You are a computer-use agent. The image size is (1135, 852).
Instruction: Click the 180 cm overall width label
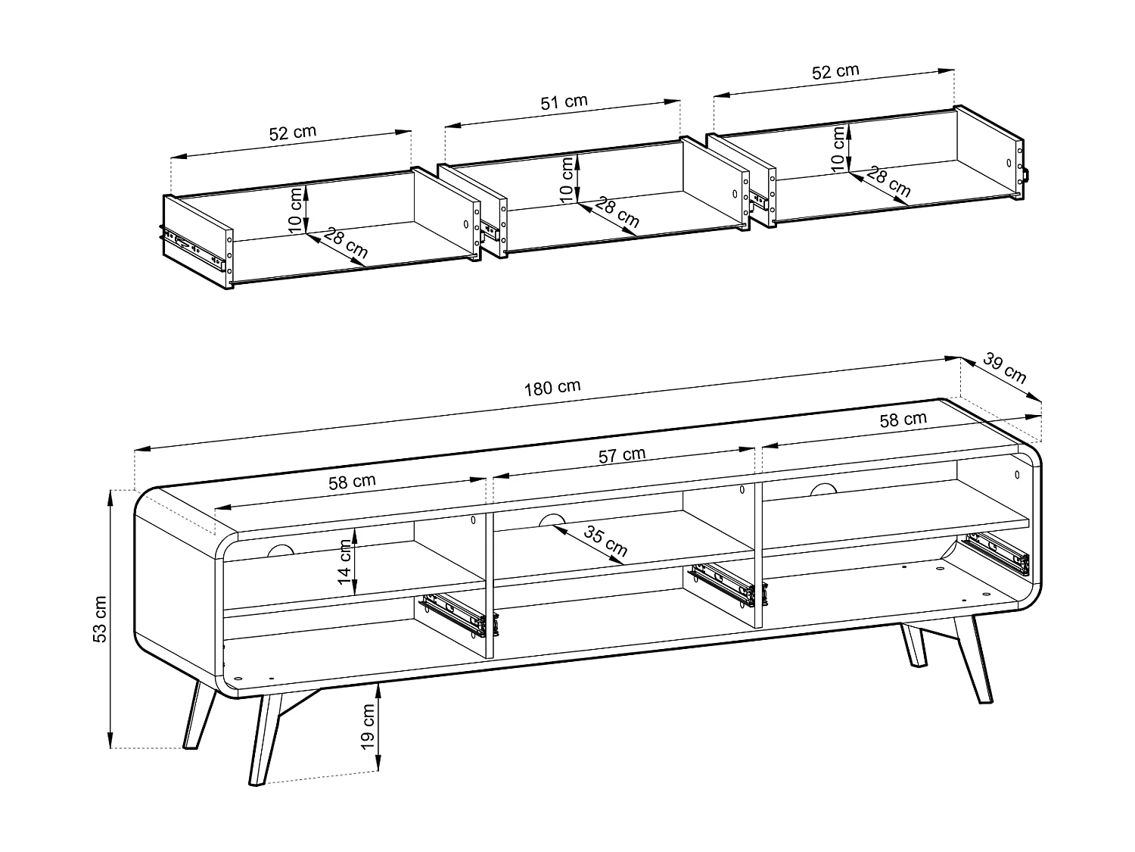coord(552,388)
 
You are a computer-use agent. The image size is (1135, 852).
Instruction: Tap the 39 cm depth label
coord(1004,368)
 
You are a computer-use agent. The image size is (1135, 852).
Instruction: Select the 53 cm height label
coord(99,619)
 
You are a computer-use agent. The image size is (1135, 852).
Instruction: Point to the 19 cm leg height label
coord(367,726)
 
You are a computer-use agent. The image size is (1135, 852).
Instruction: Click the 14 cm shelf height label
coord(344,562)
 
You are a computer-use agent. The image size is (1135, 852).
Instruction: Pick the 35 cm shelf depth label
coord(605,541)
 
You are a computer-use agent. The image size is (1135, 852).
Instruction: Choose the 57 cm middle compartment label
coord(622,455)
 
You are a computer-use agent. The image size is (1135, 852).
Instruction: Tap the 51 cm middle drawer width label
coord(564,102)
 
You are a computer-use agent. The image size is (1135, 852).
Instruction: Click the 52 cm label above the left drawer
coord(293,133)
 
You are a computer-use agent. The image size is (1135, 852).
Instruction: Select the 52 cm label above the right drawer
coord(835,71)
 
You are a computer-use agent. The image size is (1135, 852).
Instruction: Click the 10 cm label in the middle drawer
coord(567,179)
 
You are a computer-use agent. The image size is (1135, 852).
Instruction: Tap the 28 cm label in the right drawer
coord(888,182)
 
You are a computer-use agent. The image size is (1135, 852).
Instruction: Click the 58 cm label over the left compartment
coord(352,482)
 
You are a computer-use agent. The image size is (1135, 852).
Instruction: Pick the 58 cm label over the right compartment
coord(903,420)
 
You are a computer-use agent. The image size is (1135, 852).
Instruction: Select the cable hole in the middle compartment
coord(552,520)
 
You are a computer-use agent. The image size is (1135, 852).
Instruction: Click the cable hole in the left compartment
coord(281,551)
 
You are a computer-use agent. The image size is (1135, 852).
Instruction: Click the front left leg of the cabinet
coord(265,738)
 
